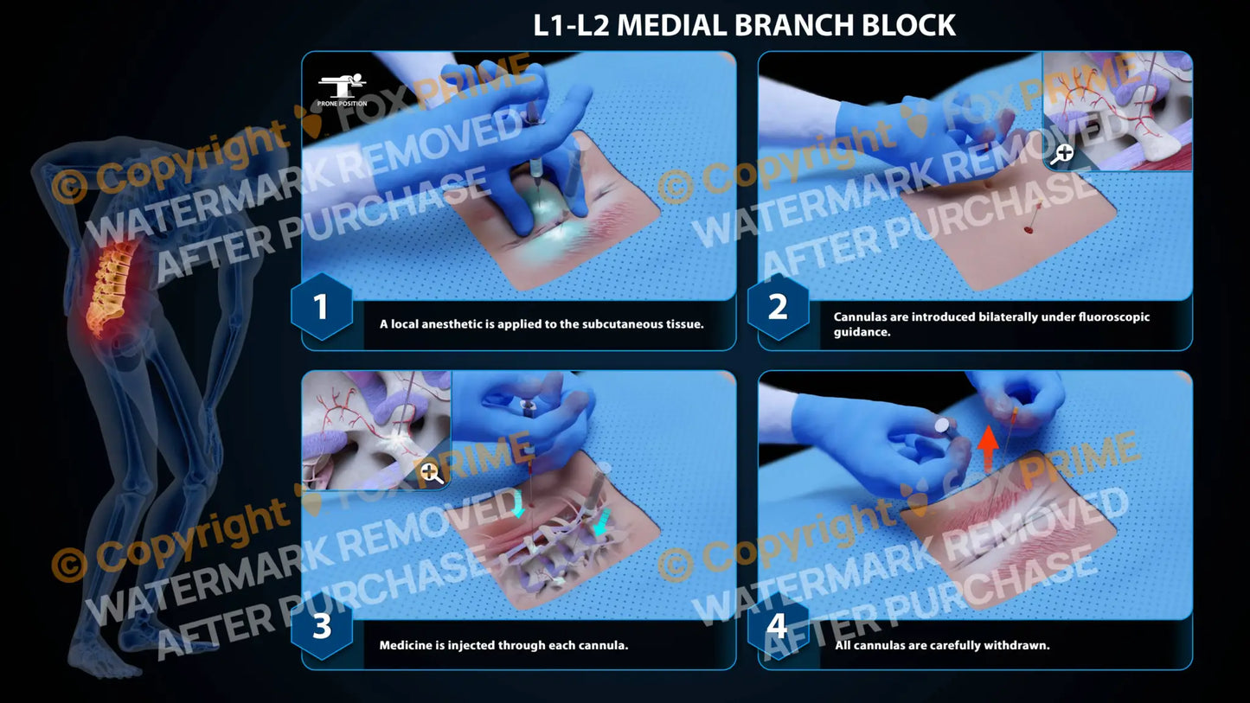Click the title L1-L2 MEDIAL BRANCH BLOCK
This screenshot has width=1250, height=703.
744,25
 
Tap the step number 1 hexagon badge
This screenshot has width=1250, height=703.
321,307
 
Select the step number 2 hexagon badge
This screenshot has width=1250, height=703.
778,307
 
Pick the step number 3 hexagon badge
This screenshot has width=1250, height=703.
321,627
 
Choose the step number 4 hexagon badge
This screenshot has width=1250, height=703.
778,627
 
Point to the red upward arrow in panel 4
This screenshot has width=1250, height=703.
988,448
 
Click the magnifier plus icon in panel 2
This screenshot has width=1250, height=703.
1063,153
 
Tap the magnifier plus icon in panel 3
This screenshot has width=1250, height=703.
431,472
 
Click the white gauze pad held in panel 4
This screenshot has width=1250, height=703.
944,425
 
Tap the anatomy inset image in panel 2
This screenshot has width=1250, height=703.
1117,111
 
